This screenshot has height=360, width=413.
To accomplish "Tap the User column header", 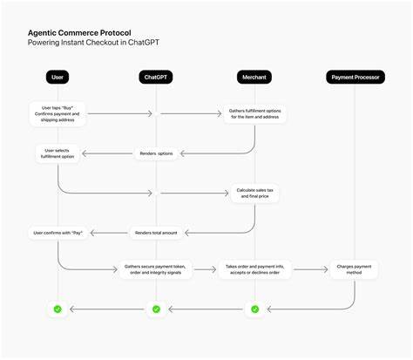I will pyautogui.click(x=58, y=78).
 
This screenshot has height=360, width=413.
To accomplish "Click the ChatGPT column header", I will pyautogui.click(x=156, y=78).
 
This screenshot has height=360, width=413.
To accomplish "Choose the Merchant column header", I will pyautogui.click(x=254, y=78).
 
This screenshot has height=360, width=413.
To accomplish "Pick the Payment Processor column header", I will pyautogui.click(x=355, y=78).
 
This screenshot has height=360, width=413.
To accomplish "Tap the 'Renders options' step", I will pyautogui.click(x=156, y=153).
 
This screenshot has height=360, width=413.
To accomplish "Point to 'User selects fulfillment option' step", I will pyautogui.click(x=58, y=153).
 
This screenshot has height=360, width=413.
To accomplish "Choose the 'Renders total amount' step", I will pyautogui.click(x=156, y=233).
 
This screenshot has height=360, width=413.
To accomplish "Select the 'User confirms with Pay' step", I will pyautogui.click(x=58, y=233).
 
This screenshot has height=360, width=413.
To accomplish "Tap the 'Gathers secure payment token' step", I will pyautogui.click(x=156, y=269).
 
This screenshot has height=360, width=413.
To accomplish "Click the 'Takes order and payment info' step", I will pyautogui.click(x=254, y=269).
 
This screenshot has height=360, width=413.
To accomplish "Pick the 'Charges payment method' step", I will pyautogui.click(x=355, y=269).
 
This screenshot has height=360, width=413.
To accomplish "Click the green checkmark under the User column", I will pyautogui.click(x=58, y=309).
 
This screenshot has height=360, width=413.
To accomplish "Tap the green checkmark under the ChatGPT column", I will pyautogui.click(x=156, y=309).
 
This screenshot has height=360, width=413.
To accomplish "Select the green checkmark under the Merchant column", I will pyautogui.click(x=254, y=309).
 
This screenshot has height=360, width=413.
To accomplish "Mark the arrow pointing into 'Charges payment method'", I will pyautogui.click(x=311, y=269).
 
